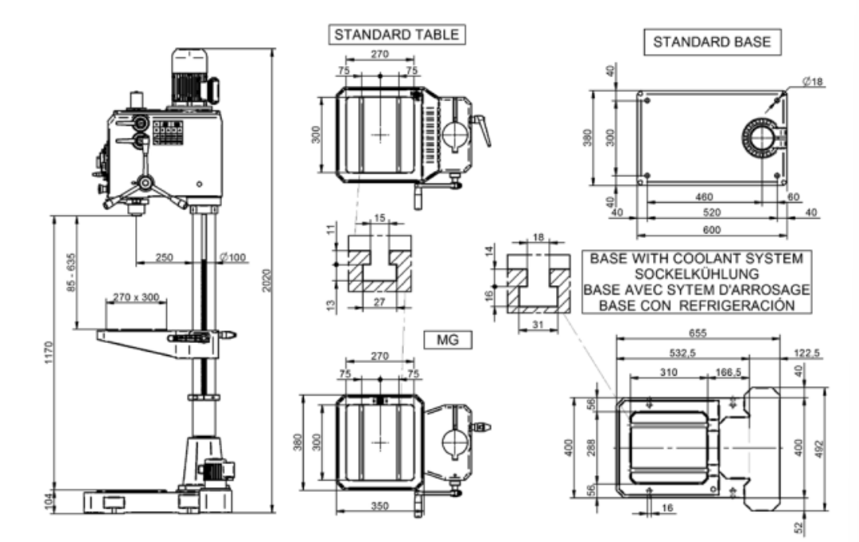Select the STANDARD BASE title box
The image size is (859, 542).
[x=712, y=43]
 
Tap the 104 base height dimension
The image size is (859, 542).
[x=49, y=501]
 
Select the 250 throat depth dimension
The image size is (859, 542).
[x=164, y=257]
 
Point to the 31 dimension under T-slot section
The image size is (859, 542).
[x=537, y=325]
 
